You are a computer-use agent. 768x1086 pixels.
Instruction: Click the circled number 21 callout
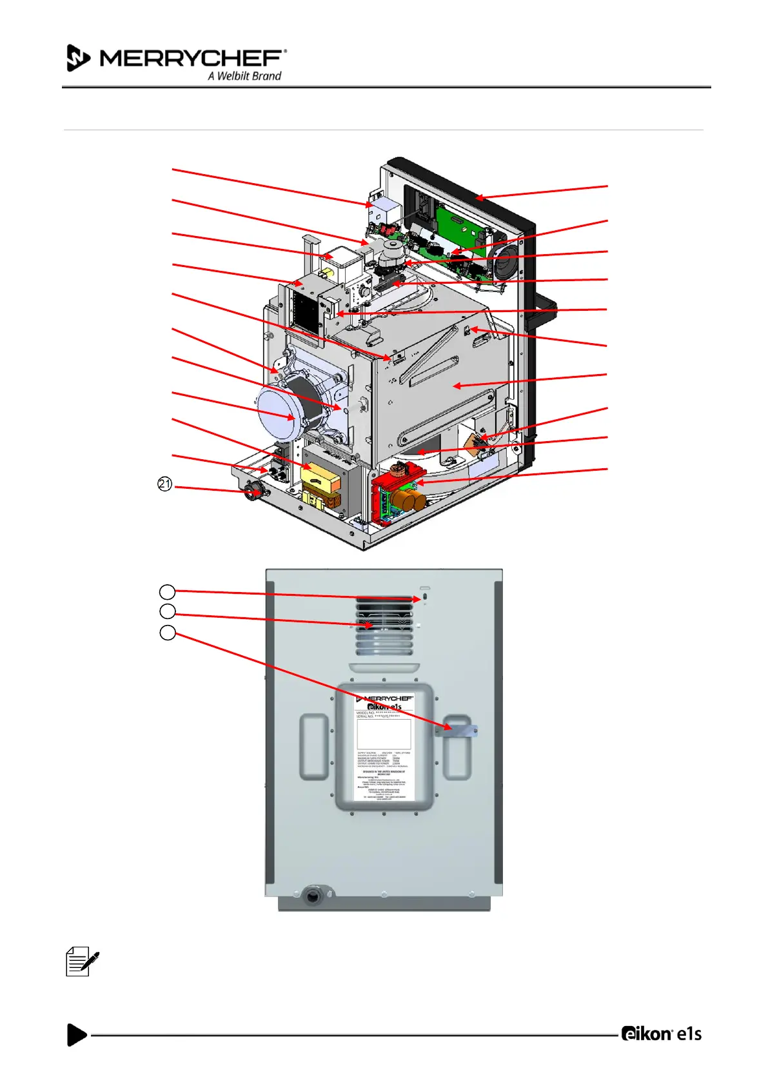[165, 484]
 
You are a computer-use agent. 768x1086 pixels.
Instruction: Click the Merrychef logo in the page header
[177, 59]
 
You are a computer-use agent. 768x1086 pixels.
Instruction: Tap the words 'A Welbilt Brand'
[244, 76]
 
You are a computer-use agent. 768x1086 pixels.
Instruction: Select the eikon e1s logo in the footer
[661, 1034]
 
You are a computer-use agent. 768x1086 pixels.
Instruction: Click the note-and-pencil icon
[82, 962]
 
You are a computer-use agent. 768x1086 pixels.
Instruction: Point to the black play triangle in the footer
[77, 1034]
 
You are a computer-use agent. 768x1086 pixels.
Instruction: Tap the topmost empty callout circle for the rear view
[167, 591]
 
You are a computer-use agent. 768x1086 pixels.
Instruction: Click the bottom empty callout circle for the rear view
[167, 633]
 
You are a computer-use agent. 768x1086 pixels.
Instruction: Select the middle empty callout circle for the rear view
[167, 611]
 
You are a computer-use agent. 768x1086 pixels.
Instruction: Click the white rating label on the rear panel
[384, 748]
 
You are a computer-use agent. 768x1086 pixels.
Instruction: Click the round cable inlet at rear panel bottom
[313, 895]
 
